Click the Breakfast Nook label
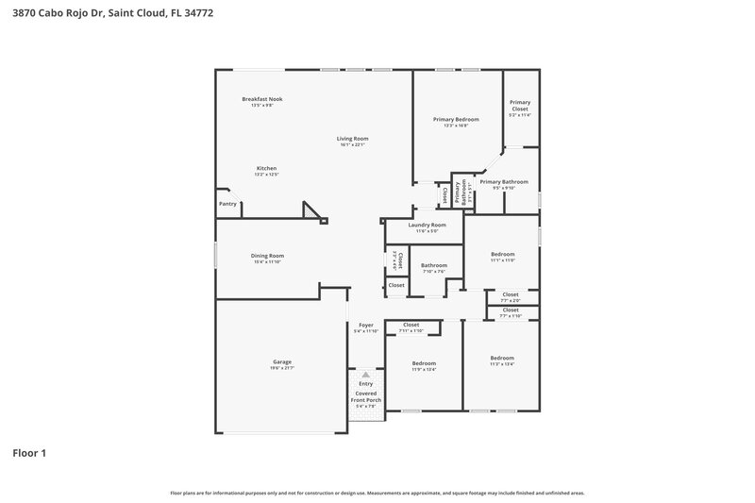click(261, 99)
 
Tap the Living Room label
click(352, 139)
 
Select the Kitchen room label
click(266, 169)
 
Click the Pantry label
click(227, 204)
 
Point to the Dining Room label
click(267, 256)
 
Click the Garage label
click(281, 362)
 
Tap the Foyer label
click(365, 326)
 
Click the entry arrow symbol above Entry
click(365, 375)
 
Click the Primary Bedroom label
click(456, 120)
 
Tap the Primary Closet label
click(520, 106)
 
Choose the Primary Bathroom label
click(503, 181)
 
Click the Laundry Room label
click(427, 226)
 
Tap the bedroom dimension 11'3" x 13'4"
click(502, 364)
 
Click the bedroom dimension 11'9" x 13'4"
click(424, 369)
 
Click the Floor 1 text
click(28, 453)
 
